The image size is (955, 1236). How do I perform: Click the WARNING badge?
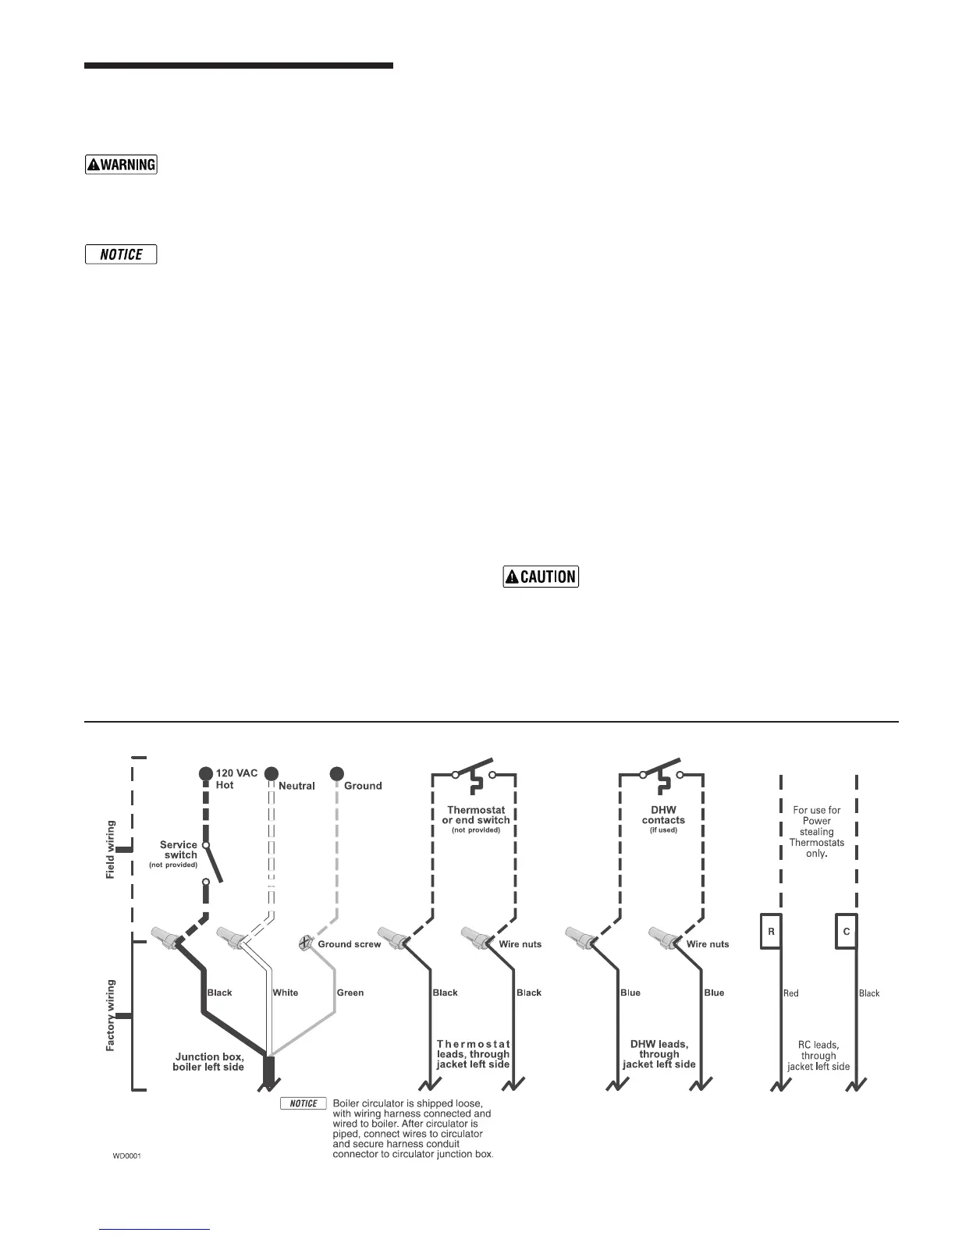121,165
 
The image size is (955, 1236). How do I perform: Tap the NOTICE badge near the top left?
121,254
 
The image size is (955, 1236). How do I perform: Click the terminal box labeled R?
771,932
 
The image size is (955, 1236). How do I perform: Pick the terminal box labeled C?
846,932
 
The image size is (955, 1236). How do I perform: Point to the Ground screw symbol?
306,943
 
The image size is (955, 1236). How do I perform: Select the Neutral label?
296,786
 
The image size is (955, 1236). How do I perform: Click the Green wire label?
350,993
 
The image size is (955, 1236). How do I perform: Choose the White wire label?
285,993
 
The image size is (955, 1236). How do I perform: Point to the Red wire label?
790,993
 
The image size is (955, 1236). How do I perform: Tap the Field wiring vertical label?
111,850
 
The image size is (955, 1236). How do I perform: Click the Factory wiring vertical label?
111,1015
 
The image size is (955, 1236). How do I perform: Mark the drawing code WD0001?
127,1156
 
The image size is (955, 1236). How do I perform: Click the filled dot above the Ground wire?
337,773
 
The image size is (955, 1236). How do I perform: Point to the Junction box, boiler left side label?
208,1062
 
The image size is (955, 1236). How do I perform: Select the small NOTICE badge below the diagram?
304,1103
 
